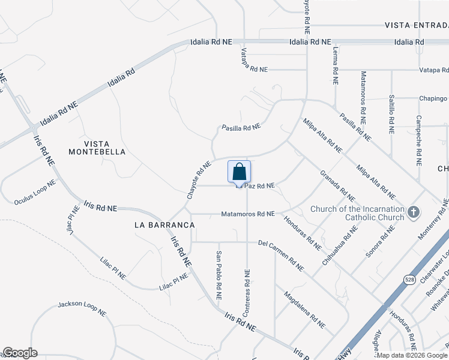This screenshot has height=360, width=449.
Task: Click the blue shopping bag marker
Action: (x=239, y=172)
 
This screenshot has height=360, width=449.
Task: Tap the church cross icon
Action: (x=413, y=212)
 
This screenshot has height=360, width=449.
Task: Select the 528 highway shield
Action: (x=408, y=280)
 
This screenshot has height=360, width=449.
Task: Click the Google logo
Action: (x=20, y=353)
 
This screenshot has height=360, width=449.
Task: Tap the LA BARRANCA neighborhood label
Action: (x=164, y=224)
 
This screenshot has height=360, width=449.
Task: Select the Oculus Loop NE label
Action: (x=35, y=192)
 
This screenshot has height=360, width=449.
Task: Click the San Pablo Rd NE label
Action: (x=218, y=275)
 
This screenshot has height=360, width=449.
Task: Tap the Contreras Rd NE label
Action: (x=246, y=293)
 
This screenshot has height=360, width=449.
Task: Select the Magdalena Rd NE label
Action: (x=304, y=310)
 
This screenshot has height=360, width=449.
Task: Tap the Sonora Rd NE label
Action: (x=380, y=242)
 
